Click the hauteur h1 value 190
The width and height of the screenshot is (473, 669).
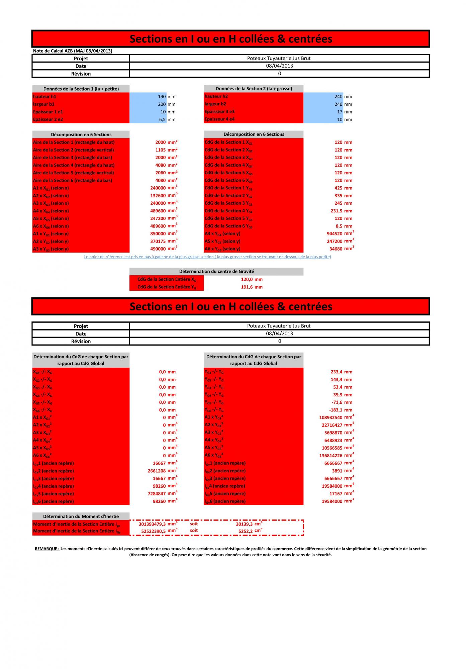162,97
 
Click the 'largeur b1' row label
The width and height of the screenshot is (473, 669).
43,104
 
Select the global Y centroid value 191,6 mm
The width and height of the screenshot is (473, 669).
252,287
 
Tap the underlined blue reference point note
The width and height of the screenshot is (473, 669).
207,257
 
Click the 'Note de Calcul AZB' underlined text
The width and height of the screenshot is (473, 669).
73,51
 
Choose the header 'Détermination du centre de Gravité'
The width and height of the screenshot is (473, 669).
216,272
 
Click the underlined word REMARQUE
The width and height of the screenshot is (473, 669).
47,549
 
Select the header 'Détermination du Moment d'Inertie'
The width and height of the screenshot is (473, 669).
81,516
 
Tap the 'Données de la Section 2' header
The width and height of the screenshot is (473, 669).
254,89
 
